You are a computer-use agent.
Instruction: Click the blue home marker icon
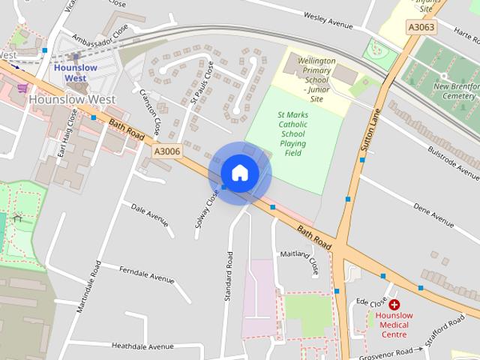[x=239, y=172]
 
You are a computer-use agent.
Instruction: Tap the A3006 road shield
[x=166, y=151]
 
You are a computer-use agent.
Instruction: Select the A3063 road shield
[x=421, y=27]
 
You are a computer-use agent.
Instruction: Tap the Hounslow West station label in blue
[x=76, y=72]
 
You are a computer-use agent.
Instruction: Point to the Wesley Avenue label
[x=328, y=20]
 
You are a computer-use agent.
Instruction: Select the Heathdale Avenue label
[x=142, y=346]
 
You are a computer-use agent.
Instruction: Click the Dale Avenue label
[x=149, y=213]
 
